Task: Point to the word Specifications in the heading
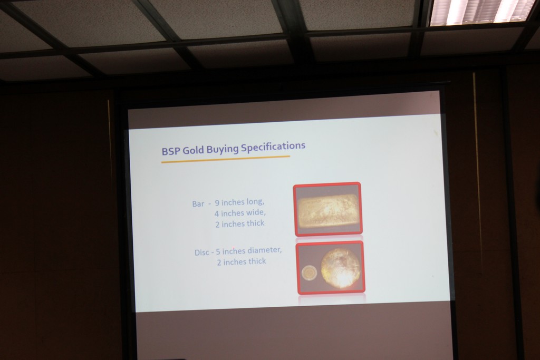click(273, 147)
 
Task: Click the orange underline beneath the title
click(226, 159)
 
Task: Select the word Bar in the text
click(198, 204)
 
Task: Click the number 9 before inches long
click(217, 203)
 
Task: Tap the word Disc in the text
click(202, 252)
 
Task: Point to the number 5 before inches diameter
click(218, 251)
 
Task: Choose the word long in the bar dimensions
click(256, 201)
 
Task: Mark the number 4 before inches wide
click(217, 213)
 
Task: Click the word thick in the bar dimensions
click(256, 223)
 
